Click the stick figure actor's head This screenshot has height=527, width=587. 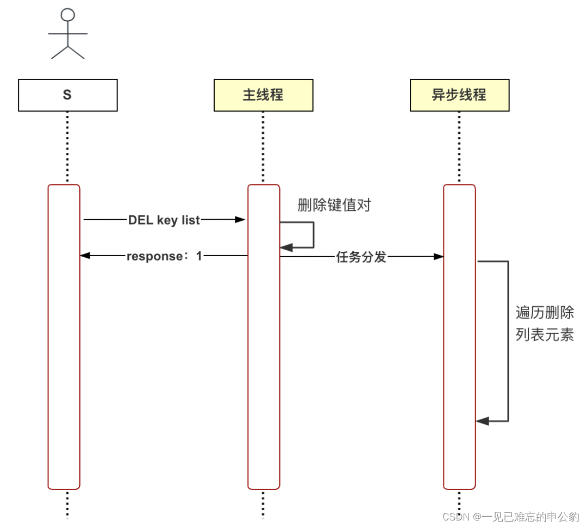coord(67,15)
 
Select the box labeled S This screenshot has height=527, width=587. coord(67,95)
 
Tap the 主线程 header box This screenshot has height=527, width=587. coord(263,95)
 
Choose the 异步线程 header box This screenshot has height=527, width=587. coord(459,95)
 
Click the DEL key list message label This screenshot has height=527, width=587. coord(164,220)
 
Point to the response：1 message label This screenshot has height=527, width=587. coord(164,256)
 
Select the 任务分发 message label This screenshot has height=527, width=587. coord(361,257)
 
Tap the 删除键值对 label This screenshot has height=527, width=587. coord(334,205)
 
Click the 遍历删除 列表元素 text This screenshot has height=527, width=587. coord(544,324)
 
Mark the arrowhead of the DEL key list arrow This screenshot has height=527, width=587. coord(240,220)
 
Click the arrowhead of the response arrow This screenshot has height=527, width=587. coord(85,256)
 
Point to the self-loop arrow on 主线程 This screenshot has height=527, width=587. coord(313,234)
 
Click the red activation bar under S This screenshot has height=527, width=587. coord(64,337)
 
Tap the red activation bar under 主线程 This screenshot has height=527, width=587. coord(264,354)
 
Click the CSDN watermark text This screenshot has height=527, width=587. coord(510,517)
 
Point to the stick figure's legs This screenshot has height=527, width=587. coord(67,52)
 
